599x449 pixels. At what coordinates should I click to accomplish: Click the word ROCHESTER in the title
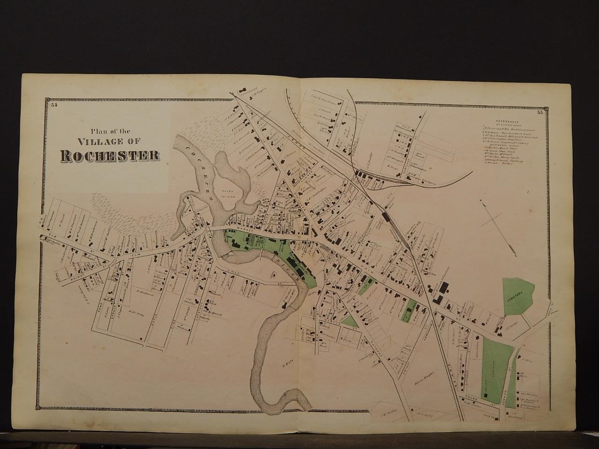click(108, 155)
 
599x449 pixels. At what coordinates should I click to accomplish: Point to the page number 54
click(54, 104)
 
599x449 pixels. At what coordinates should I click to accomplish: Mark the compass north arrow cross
click(490, 211)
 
